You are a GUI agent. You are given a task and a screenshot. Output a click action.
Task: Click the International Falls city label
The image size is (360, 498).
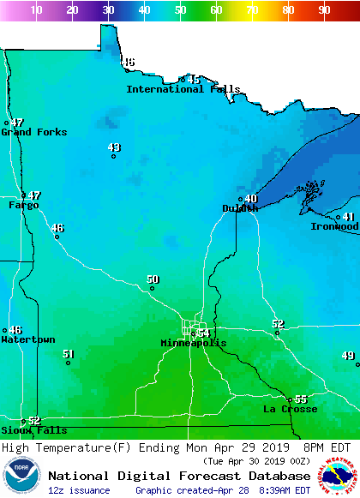pos(183,89)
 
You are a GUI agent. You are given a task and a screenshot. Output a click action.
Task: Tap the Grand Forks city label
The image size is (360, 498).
pos(33,132)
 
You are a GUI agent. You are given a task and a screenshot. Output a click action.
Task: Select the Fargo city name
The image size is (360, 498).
pos(24,205)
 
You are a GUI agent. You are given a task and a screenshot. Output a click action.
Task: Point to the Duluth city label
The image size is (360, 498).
pos(240,208)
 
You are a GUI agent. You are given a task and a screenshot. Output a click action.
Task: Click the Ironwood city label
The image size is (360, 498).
pos(334,226)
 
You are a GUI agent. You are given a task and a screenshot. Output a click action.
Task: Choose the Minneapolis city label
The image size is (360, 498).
pos(194,343)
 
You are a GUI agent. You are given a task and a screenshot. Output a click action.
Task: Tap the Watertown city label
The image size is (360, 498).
pos(27,339)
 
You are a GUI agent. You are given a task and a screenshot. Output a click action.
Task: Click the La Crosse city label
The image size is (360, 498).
pos(290,409)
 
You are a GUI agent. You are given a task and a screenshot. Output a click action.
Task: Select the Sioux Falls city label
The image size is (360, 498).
pos(21,430)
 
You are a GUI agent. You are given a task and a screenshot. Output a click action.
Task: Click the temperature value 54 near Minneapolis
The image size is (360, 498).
pos(204,333)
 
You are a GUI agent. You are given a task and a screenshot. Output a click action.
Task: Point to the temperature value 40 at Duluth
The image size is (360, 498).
pos(251,199)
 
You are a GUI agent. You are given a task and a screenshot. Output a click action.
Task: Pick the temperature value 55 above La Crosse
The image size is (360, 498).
pos(301,399)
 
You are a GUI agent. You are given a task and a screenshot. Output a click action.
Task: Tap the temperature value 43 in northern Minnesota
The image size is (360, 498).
pos(114,147)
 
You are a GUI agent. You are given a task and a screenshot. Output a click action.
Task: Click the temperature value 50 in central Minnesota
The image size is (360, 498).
pos(153,279)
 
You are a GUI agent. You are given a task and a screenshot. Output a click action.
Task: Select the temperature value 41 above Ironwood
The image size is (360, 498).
pos(349,217)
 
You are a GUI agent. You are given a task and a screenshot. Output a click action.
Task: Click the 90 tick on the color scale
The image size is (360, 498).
pos(324,10)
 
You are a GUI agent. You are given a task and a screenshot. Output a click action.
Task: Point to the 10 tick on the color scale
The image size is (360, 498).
pos(36,10)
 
